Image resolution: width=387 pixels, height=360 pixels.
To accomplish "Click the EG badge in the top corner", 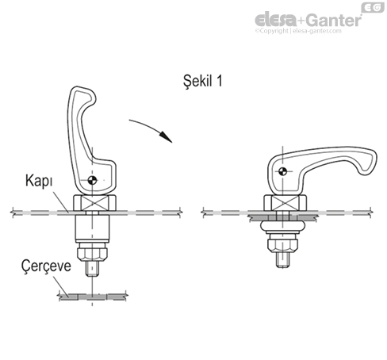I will pyautogui.click(x=371, y=7).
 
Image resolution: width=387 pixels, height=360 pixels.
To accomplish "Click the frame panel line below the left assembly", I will pyautogui.click(x=91, y=299).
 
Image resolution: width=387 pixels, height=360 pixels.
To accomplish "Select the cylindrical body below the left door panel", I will pyautogui.click(x=91, y=231).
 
